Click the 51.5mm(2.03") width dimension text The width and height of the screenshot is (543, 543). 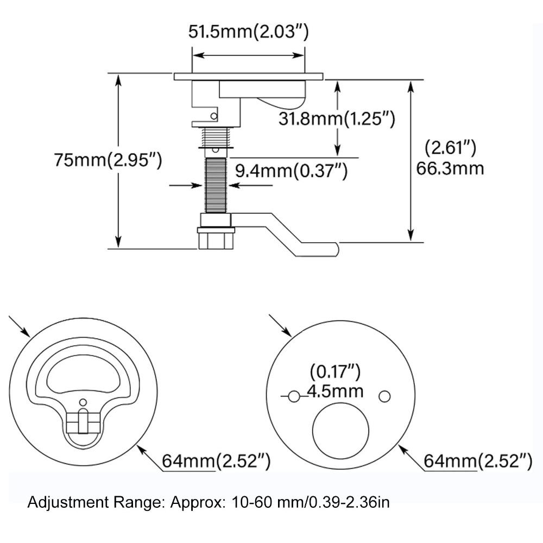coord(248,32)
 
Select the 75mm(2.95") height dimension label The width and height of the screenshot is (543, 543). coord(108,161)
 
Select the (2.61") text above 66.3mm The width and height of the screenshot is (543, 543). coord(450,147)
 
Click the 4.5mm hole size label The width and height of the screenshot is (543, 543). coord(334,391)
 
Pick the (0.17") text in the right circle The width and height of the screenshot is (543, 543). coord(334,372)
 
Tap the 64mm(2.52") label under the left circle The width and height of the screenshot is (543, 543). coord(216,462)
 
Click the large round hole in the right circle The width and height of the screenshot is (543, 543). coord(341,431)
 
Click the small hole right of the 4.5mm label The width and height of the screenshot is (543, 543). coord(384,397)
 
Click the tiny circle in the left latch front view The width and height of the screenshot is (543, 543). coord(83,402)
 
